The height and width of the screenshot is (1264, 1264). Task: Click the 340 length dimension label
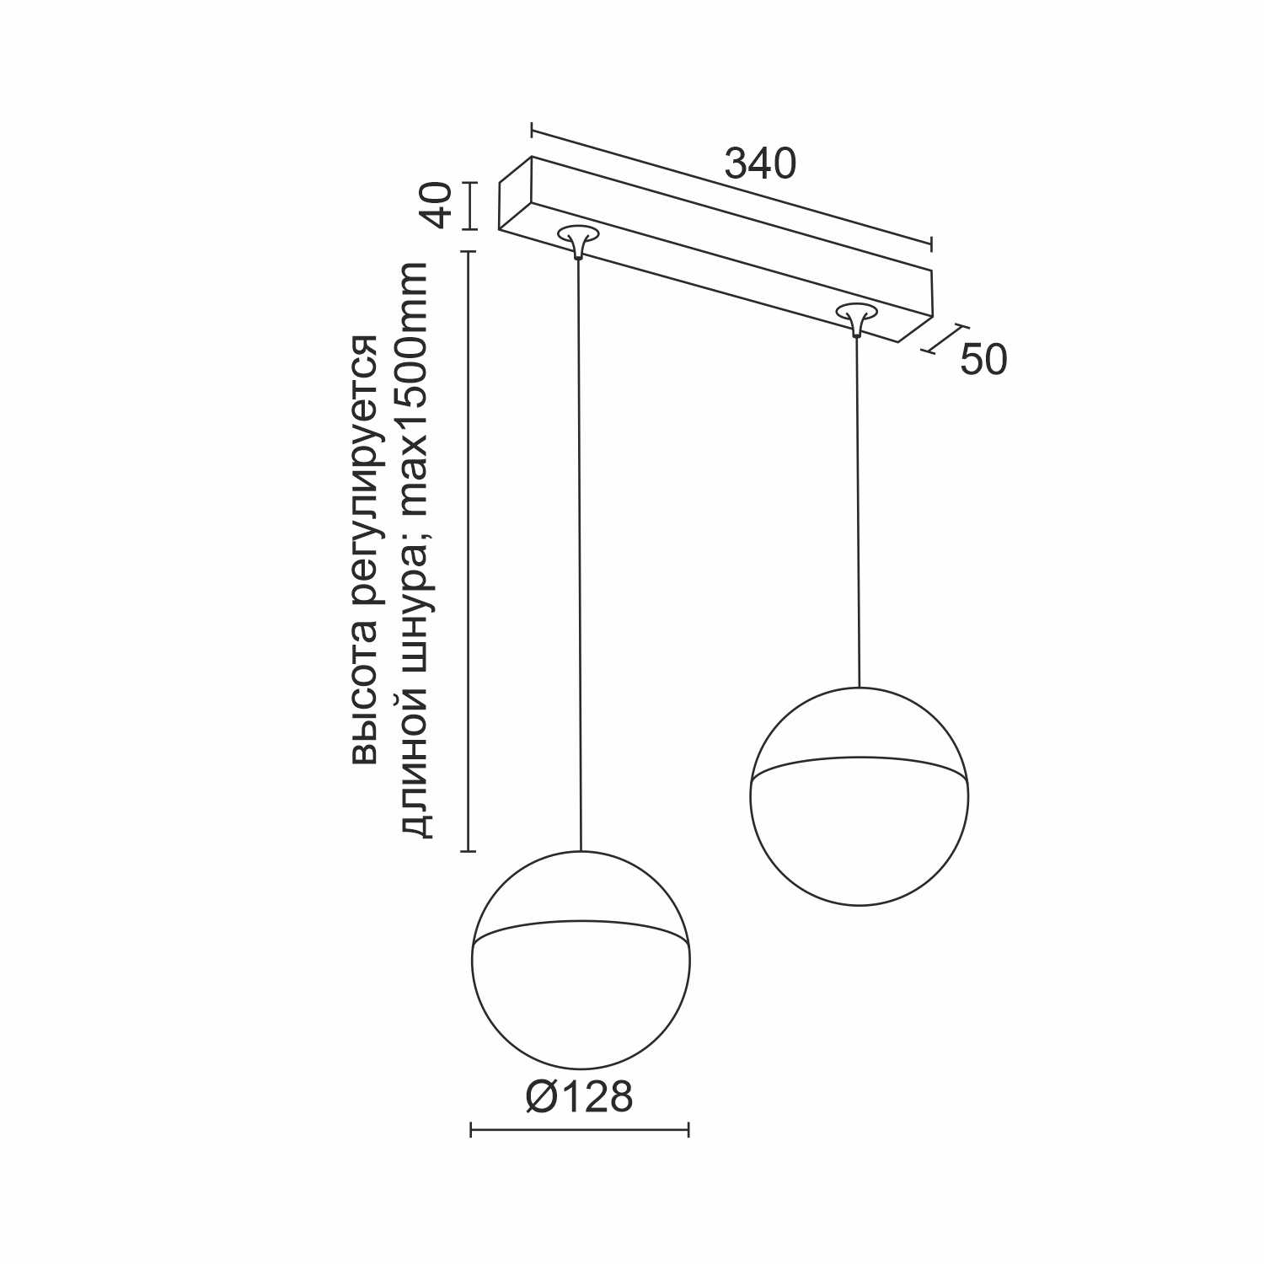click(760, 164)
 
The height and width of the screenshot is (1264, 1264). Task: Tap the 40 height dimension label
click(439, 206)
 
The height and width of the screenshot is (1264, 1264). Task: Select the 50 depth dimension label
click(983, 360)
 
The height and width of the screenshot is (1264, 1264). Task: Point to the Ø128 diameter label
click(579, 1097)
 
